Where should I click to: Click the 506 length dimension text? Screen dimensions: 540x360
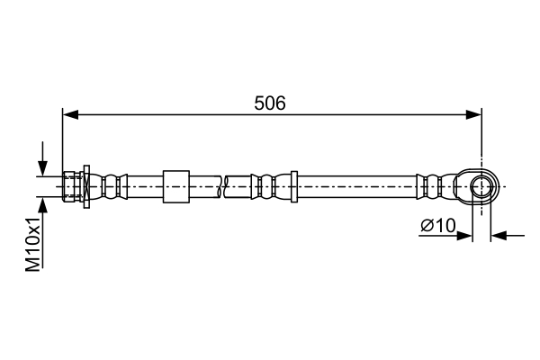click(270, 103)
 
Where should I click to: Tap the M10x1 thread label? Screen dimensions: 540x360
click(33, 245)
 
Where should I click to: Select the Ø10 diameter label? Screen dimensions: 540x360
click(438, 226)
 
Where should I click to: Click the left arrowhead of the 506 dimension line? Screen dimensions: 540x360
click(70, 115)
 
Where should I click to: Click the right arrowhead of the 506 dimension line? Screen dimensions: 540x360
click(473, 115)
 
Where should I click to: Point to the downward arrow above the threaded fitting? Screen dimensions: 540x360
click(42, 158)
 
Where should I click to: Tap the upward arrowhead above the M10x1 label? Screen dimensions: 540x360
click(42, 205)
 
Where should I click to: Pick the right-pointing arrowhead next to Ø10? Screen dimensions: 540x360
click(463, 236)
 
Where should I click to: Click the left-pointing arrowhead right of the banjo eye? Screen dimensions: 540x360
click(499, 236)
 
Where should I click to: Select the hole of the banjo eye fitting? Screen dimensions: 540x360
click(481, 186)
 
